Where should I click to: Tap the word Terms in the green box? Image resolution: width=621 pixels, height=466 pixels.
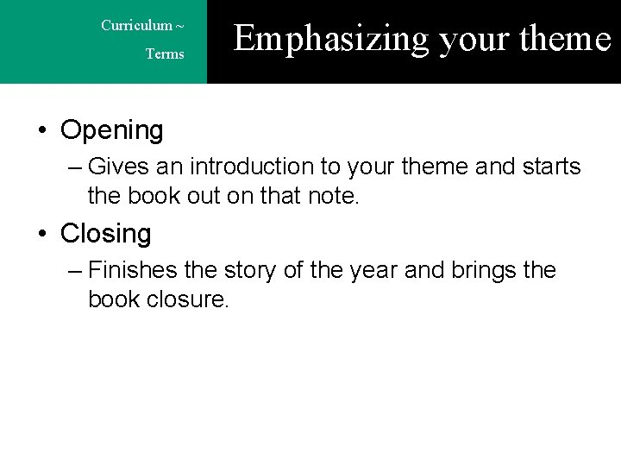[165, 54]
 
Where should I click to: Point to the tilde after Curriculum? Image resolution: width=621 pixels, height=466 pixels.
[179, 25]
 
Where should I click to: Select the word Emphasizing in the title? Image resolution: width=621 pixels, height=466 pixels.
[330, 39]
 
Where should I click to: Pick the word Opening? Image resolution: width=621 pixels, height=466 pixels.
[112, 130]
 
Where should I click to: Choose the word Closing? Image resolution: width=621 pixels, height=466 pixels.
[105, 233]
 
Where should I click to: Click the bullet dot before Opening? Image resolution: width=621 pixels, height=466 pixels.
[42, 131]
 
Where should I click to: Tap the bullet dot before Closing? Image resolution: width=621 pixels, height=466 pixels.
[42, 234]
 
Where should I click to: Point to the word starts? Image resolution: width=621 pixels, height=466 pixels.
[550, 166]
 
